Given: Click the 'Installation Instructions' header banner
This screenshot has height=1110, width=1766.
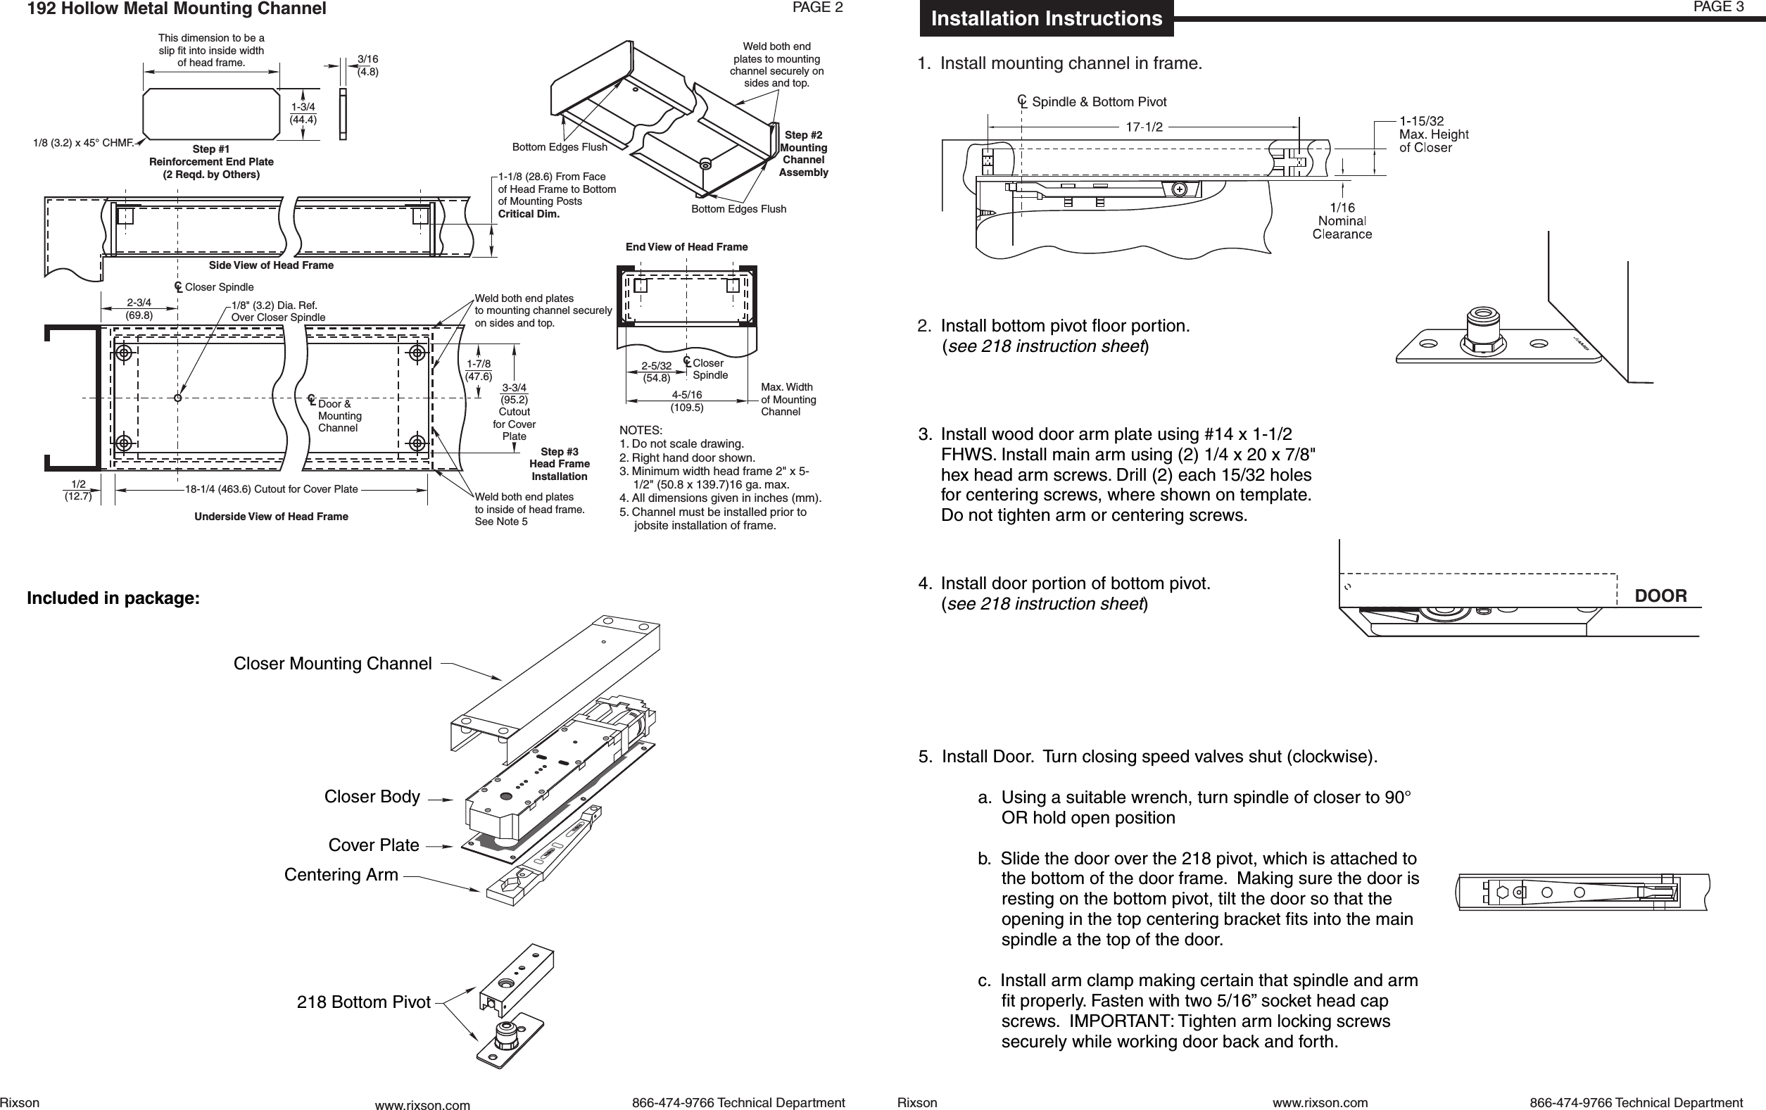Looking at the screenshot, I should (1046, 18).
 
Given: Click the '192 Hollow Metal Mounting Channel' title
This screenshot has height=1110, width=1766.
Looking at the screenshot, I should (177, 8).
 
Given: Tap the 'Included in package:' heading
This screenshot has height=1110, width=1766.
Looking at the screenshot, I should (113, 598).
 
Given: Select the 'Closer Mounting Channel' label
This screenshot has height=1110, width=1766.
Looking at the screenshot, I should (332, 664).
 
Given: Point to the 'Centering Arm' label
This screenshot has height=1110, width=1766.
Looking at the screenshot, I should (341, 875).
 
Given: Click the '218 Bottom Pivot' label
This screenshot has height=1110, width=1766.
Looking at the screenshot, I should (363, 1002).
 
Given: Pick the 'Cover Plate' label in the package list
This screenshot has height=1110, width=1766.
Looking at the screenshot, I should (373, 845).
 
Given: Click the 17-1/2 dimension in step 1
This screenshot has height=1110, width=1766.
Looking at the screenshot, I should (1144, 127).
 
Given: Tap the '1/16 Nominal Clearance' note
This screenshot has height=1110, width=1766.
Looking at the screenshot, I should (1342, 222).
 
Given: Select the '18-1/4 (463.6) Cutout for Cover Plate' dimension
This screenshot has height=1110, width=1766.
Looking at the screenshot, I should (272, 489).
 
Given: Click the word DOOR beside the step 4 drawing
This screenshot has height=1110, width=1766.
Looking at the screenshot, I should (1660, 596).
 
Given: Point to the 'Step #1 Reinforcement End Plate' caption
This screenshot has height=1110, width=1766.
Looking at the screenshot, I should (211, 162).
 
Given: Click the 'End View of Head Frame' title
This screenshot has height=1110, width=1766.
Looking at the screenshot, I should (686, 247).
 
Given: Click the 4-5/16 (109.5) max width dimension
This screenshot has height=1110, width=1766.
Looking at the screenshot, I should (686, 401).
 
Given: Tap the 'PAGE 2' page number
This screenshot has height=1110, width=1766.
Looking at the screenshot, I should (818, 8).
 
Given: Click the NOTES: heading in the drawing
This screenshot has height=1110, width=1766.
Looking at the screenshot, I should (641, 430).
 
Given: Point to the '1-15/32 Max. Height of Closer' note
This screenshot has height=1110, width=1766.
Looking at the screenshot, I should (1433, 134).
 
